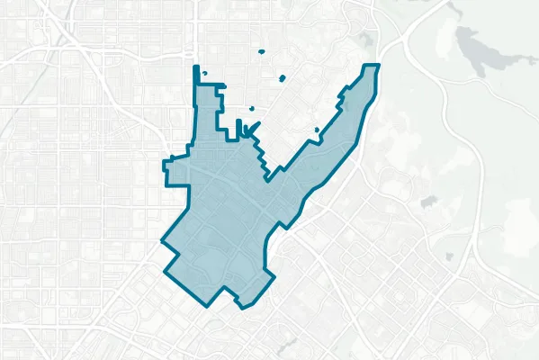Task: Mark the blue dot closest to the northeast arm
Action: click(317, 131)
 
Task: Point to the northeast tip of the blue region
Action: click(378, 66)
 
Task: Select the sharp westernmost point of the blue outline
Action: click(161, 242)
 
